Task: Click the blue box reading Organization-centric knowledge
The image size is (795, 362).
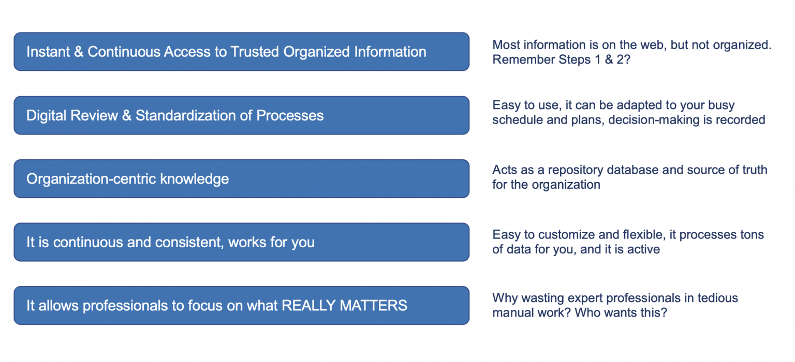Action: click(x=241, y=179)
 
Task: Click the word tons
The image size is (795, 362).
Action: click(x=750, y=235)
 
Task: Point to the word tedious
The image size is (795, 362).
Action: click(x=717, y=298)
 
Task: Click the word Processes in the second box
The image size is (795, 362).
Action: click(x=290, y=115)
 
